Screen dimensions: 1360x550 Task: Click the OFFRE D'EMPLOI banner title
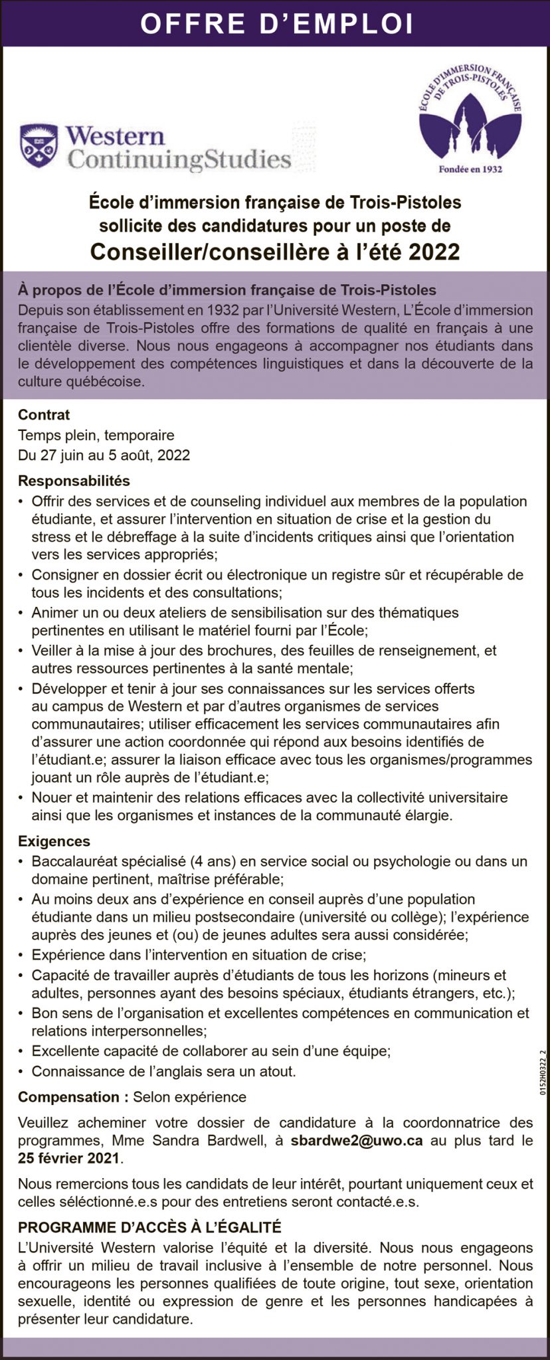point(276,24)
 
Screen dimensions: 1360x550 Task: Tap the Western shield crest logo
point(39,145)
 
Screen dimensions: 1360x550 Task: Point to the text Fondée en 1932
point(470,169)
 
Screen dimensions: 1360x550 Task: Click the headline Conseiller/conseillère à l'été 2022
point(275,252)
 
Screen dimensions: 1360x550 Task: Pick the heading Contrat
point(44,415)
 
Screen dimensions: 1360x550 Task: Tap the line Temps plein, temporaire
point(96,436)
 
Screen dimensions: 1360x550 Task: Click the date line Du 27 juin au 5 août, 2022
point(104,456)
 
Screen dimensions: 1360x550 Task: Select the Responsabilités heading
point(74,480)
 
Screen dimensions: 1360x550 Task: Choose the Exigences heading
point(54,841)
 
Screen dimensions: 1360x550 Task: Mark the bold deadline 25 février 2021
point(70,1158)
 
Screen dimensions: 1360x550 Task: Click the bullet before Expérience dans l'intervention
point(22,956)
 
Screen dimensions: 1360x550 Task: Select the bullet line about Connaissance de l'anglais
point(163,1071)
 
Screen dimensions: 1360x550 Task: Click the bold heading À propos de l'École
point(227,290)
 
